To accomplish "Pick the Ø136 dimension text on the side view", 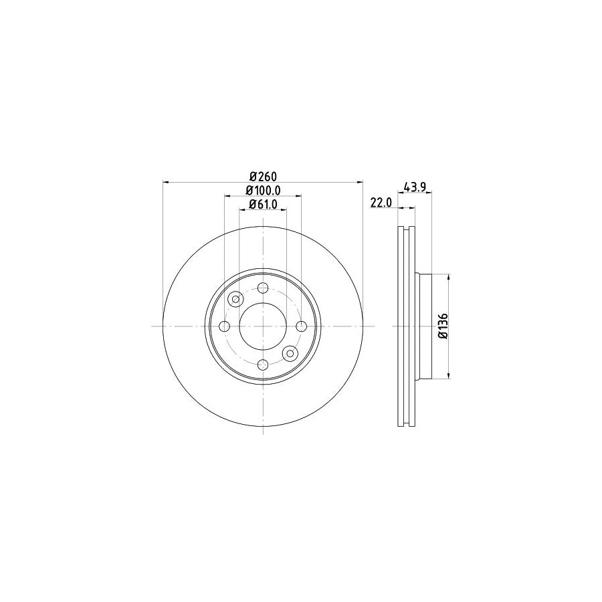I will [x=442, y=326].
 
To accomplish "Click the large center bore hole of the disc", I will [x=263, y=326].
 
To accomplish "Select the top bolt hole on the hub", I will [x=263, y=288].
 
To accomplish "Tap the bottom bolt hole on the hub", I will [x=263, y=364].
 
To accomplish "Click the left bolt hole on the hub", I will [x=225, y=326].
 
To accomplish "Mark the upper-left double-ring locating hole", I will [x=235, y=299].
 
